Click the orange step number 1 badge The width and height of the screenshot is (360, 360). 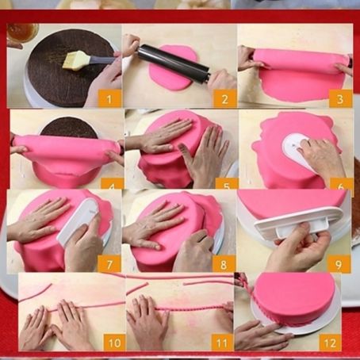pyautogui.click(x=109, y=99)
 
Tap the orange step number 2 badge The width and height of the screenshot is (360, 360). pyautogui.click(x=224, y=99)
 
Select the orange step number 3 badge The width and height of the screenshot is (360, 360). pyautogui.click(x=340, y=99)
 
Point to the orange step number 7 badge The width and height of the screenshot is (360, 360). pyautogui.click(x=109, y=264)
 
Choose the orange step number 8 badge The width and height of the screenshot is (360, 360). pyautogui.click(x=224, y=264)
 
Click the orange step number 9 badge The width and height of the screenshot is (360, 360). pyautogui.click(x=339, y=264)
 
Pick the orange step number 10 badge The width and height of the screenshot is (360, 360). pyautogui.click(x=114, y=343)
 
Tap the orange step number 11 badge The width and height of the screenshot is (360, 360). pyautogui.click(x=222, y=343)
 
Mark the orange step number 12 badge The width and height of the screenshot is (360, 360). pyautogui.click(x=330, y=343)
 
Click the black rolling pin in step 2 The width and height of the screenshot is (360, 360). pyautogui.click(x=174, y=63)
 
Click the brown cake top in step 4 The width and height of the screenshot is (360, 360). pyautogui.click(x=69, y=128)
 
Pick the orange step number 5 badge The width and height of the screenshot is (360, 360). pyautogui.click(x=227, y=184)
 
